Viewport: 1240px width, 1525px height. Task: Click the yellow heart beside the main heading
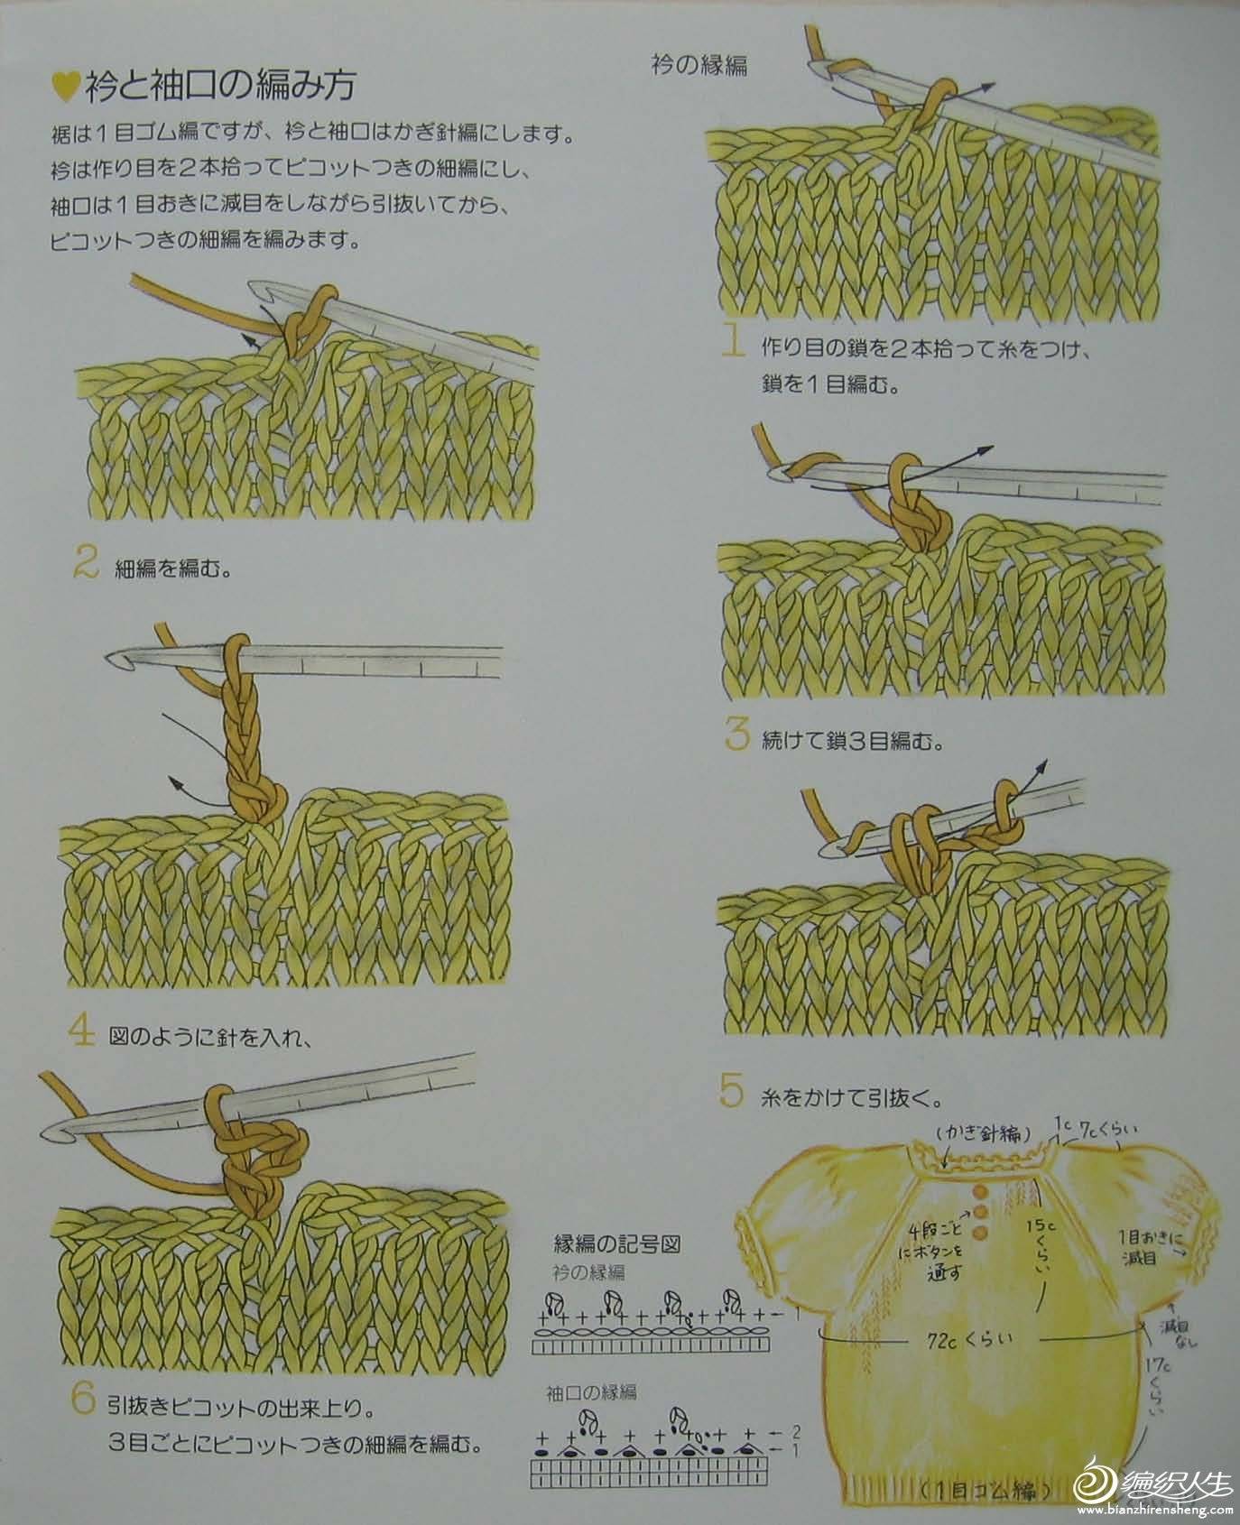tap(65, 85)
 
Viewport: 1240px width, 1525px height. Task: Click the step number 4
tap(82, 1031)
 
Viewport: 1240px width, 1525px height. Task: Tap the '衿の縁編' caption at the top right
tap(699, 65)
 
